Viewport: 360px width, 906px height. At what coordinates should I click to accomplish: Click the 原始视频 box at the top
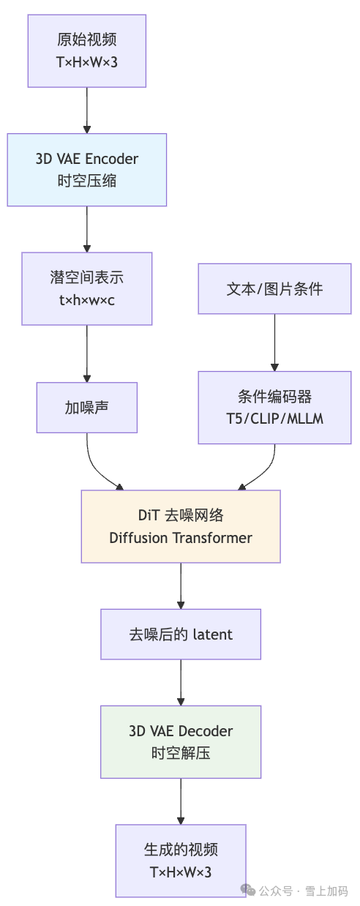[x=87, y=50]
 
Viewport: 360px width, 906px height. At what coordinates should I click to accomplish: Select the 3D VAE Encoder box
[x=87, y=169]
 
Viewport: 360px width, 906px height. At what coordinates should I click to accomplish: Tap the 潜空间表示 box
[x=87, y=288]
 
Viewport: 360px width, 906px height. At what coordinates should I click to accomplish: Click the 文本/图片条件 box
[x=274, y=288]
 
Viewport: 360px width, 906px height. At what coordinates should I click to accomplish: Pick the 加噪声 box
[x=87, y=408]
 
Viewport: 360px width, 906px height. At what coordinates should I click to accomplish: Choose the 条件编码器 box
[x=274, y=407]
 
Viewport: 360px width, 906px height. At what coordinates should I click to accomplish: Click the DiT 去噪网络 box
[x=181, y=526]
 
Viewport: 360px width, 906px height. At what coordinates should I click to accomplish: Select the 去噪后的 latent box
[x=181, y=634]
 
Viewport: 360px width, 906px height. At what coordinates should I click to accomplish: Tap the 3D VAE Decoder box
[x=181, y=741]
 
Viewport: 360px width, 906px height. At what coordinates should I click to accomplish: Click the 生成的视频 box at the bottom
[x=181, y=861]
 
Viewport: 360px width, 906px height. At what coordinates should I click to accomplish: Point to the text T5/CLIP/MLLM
[x=274, y=418]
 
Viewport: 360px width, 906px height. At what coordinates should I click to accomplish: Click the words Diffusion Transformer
[x=181, y=538]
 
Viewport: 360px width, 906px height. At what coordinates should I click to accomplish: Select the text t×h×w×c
[x=87, y=299]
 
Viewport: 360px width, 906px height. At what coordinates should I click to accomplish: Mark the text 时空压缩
[x=87, y=181]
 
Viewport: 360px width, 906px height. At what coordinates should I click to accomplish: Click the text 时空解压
[x=181, y=752]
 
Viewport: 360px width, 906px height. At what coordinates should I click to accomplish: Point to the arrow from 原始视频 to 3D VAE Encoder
[x=87, y=110]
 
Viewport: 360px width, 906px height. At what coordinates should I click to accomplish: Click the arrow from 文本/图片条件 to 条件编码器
[x=274, y=342]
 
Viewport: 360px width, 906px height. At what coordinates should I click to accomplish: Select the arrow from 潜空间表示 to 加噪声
[x=87, y=353]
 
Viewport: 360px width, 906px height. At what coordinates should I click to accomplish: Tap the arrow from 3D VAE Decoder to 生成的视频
[x=181, y=801]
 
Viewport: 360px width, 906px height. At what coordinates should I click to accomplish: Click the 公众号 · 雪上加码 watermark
[x=296, y=891]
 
